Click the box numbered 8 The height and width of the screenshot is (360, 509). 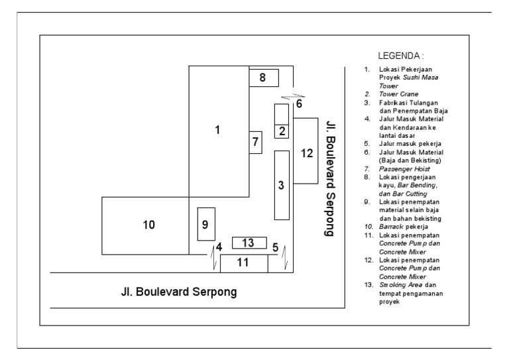[x=263, y=78]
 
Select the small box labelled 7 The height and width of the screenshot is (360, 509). [x=256, y=142]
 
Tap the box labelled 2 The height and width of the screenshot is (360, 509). [x=282, y=131]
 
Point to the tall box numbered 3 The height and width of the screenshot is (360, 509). [x=282, y=185]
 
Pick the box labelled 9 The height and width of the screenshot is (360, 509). [x=206, y=223]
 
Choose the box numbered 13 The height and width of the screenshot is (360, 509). [x=249, y=243]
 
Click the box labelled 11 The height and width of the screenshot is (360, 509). [x=243, y=263]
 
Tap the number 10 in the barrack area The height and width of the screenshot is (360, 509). [x=148, y=225]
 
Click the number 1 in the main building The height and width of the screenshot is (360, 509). [x=217, y=130]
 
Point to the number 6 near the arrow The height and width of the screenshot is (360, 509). [x=299, y=104]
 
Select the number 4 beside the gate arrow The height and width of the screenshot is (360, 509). [x=218, y=247]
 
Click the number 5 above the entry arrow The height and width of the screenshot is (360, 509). [x=274, y=247]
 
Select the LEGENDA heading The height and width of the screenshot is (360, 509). [x=400, y=56]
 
